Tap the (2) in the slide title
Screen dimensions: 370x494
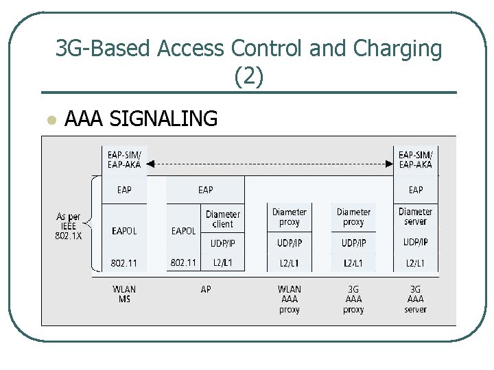248,77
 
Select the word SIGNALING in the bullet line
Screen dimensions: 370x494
163,119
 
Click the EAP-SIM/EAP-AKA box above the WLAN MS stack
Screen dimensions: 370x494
124,160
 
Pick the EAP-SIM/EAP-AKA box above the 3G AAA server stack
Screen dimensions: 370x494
415,160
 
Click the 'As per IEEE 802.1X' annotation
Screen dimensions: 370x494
69,226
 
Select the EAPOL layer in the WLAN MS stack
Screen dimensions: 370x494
124,231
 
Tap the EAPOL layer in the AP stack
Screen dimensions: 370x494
183,231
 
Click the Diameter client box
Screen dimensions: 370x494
223,219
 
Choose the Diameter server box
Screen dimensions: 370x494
415,217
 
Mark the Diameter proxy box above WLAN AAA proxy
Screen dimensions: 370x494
290,217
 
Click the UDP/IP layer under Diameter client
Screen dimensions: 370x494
223,243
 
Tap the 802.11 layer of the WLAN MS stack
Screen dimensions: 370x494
124,263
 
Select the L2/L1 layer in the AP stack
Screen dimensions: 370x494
223,263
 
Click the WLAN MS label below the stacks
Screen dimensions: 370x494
124,295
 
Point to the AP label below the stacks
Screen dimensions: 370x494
205,290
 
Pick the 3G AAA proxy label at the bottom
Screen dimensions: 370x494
353,299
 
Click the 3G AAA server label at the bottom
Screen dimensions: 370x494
415,299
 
